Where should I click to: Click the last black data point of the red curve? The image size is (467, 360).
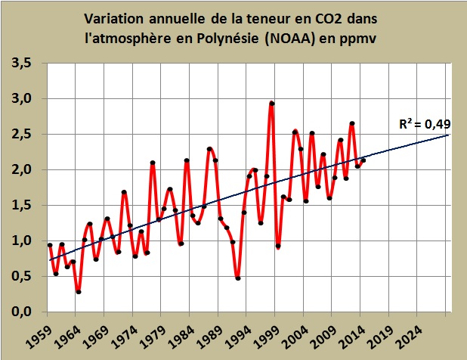tap(363, 160)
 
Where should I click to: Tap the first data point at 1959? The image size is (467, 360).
tap(50, 245)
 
